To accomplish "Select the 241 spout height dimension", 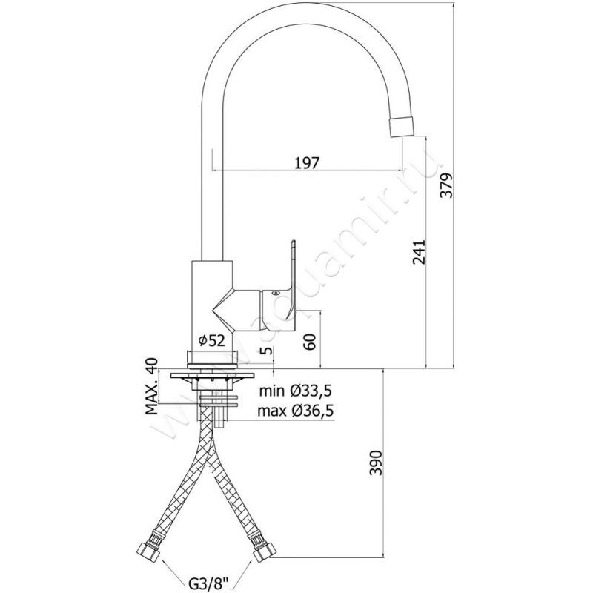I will coord(417,254).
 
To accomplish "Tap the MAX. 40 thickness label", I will coord(151,388).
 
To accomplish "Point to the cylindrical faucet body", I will coord(212,300).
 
